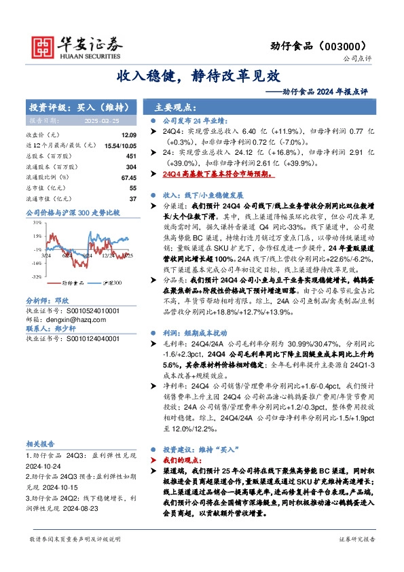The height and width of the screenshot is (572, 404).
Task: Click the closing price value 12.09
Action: point(128,136)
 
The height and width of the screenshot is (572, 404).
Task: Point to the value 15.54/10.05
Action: point(120,146)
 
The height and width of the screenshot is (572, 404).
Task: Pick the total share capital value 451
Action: point(131,156)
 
